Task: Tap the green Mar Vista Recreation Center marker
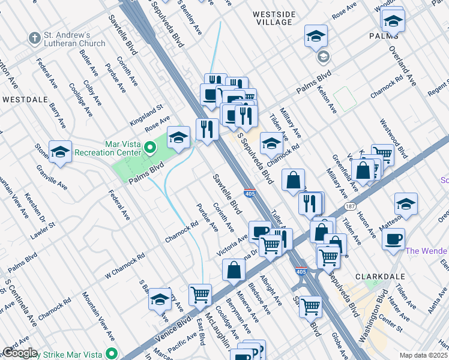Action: click(151, 144)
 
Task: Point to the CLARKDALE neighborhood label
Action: click(377, 277)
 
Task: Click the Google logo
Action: click(20, 353)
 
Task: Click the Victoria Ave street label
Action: click(232, 246)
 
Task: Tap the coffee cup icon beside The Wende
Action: click(393, 239)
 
